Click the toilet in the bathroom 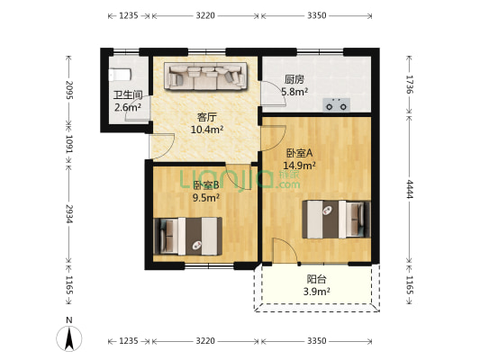tap(120, 75)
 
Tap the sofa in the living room tap(205, 76)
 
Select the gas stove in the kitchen tap(337, 105)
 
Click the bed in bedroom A tap(336, 220)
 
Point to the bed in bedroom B tap(187, 236)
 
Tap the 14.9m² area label tap(299, 166)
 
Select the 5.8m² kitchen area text tap(294, 92)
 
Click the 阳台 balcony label tap(316, 279)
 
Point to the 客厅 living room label tap(206, 117)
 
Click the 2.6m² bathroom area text tap(128, 107)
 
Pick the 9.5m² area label tap(205, 198)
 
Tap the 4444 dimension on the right tap(409, 189)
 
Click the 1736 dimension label tap(409, 84)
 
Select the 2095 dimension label tap(68, 90)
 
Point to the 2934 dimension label tap(68, 214)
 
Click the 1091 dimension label tap(68, 144)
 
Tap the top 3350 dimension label tap(317, 15)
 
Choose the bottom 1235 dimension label tap(129, 341)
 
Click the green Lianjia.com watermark tap(240, 179)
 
